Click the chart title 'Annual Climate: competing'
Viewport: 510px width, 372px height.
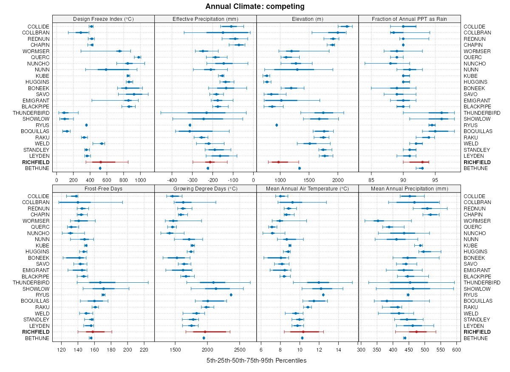coord(255,6)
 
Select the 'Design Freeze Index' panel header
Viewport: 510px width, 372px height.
coord(103,19)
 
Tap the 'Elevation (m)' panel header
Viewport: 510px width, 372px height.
coord(307,19)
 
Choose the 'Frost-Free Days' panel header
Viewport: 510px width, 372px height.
coord(103,188)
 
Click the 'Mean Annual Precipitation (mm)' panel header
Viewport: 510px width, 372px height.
coord(410,188)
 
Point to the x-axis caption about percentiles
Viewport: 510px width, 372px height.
coord(256,361)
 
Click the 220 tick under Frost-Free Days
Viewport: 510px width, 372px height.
coord(144,350)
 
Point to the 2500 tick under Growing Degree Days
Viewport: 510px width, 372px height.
coord(240,350)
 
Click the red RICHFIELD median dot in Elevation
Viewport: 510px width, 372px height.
coord(279,162)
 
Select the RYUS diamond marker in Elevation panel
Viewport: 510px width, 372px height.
coord(277,125)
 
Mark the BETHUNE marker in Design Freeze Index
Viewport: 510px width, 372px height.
coord(100,168)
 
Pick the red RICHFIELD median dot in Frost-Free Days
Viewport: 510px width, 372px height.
coord(93,332)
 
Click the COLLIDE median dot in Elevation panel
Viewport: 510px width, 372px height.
coord(347,26)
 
